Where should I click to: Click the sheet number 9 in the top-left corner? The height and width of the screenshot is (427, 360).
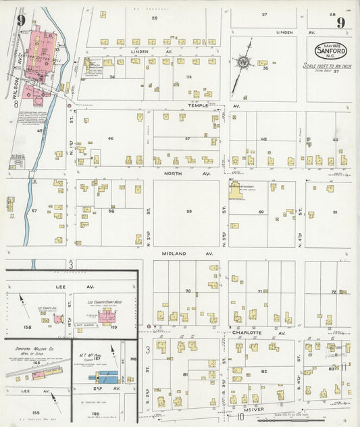[x=21, y=21]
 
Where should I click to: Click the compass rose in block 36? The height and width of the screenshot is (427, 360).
[x=243, y=64]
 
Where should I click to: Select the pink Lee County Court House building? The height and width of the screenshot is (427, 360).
[x=107, y=316]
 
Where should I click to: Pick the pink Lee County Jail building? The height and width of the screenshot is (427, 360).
[x=58, y=318]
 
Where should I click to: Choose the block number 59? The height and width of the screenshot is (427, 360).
[x=189, y=212]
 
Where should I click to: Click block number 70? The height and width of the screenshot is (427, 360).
[x=188, y=291]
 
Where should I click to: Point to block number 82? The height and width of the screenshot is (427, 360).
[x=264, y=372]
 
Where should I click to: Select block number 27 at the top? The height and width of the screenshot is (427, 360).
[x=264, y=14]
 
